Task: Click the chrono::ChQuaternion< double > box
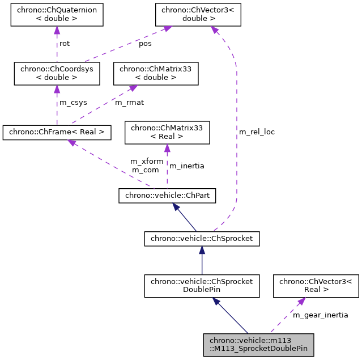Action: point(57,14)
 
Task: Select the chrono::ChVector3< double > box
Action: point(199,14)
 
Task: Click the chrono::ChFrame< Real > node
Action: point(57,132)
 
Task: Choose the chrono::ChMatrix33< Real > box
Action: point(167,132)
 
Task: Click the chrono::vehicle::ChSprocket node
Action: point(202,239)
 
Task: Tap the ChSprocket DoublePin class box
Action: point(202,285)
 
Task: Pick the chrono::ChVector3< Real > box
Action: point(316,285)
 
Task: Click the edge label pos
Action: point(146,44)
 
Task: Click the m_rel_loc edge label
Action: point(257,132)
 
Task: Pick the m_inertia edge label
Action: point(187,166)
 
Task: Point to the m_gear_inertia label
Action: point(320,315)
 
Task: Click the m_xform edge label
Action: point(146,162)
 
